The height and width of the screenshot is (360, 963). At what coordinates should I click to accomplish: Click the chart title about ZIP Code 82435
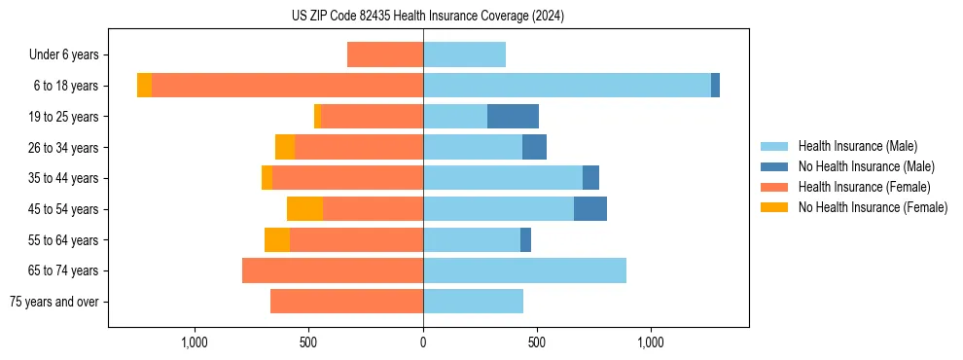pos(428,17)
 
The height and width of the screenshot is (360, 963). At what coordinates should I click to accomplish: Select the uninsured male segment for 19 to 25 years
pos(513,117)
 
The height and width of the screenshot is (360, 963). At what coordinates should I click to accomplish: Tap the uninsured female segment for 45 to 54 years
pos(304,209)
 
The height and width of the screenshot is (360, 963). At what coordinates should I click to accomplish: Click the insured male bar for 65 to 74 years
pos(524,270)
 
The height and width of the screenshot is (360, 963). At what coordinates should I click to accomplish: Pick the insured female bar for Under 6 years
pos(385,55)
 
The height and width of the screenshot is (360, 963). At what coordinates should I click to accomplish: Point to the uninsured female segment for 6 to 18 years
pos(144,86)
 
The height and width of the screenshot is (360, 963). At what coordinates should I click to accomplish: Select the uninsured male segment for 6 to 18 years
pos(715,86)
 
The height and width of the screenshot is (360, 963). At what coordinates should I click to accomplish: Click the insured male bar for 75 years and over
pos(473,302)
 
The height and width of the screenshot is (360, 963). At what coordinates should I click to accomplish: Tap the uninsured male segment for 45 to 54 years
pos(590,209)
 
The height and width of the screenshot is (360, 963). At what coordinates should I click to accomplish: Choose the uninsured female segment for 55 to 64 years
pos(277,240)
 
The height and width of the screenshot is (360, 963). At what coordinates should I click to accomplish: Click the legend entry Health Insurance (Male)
pos(857,146)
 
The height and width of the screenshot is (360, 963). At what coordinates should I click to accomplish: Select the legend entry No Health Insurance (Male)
pos(866,166)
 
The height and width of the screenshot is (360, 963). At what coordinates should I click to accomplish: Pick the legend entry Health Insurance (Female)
pos(864,187)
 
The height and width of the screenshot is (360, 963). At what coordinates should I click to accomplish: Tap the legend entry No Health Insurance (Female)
pos(873,207)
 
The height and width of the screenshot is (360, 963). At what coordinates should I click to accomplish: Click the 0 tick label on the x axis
pos(423,342)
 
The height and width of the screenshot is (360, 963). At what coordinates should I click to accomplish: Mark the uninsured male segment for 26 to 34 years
pos(534,148)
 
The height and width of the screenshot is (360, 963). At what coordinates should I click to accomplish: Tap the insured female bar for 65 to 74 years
pos(333,270)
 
